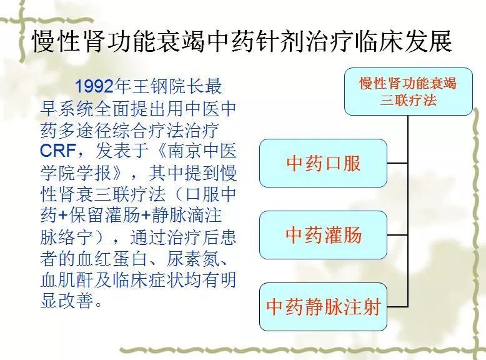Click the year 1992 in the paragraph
click(x=94, y=86)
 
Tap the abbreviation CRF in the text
click(x=58, y=151)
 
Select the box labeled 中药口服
click(x=324, y=163)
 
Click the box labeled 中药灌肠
click(x=324, y=235)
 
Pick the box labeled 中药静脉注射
click(x=324, y=307)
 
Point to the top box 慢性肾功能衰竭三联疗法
click(x=409, y=91)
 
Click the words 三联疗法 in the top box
click(x=409, y=100)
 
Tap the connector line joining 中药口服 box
click(x=397, y=162)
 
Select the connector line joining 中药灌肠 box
click(x=397, y=235)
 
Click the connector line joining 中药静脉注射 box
click(x=397, y=307)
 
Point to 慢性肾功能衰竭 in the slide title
click(x=119, y=41)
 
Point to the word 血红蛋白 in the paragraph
click(x=111, y=259)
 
